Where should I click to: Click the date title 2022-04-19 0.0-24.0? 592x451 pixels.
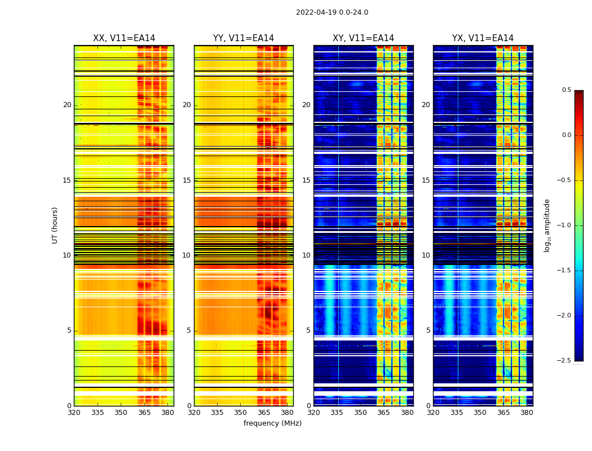[332, 12]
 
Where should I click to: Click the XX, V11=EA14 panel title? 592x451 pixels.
[124, 38]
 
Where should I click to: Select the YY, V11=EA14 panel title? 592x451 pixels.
[244, 38]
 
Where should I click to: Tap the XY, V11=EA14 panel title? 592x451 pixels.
[363, 38]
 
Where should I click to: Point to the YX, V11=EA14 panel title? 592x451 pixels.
[483, 38]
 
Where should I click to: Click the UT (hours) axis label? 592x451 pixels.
[55, 225]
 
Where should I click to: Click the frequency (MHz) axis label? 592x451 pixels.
[272, 423]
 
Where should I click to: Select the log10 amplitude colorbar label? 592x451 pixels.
[547, 225]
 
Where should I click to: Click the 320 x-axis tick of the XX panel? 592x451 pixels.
[74, 412]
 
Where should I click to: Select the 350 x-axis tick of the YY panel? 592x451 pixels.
[241, 412]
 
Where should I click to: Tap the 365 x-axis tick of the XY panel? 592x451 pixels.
[384, 412]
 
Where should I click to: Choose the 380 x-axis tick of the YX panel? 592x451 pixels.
[527, 412]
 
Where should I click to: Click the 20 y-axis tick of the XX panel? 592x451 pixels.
[67, 105]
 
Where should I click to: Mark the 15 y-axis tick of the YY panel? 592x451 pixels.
[187, 180]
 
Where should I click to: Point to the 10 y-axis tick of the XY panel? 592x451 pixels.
[307, 255]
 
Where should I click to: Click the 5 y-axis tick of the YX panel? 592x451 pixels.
[428, 330]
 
